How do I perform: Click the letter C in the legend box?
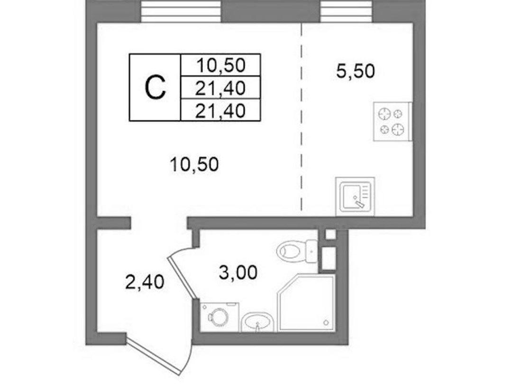pos(155,87)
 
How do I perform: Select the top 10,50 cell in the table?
pos(220,65)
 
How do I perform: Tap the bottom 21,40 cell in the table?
pos(220,110)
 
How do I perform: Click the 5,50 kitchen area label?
pos(356,71)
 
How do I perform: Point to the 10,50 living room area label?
pos(194,164)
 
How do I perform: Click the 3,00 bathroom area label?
pos(238,272)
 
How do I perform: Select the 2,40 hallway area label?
pos(144,282)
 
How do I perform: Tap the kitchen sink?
pos(355,196)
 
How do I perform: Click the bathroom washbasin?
pos(257,322)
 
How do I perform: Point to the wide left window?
pos(181,11)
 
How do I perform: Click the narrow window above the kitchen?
pos(346,11)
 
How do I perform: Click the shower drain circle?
pos(326,322)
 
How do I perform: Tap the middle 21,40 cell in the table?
pos(220,88)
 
